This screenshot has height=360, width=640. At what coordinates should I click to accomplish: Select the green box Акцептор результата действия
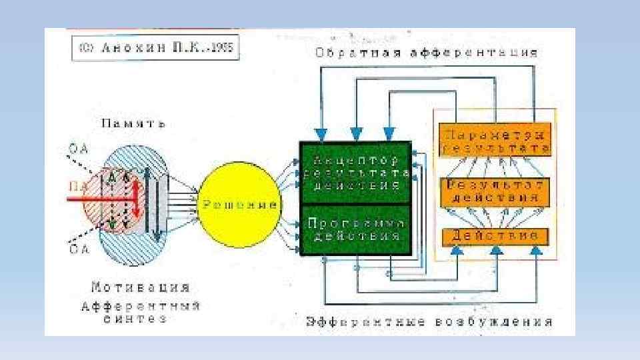point(355,173)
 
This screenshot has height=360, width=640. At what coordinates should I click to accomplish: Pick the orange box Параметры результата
point(494,139)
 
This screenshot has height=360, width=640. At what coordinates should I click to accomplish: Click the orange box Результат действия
point(494,191)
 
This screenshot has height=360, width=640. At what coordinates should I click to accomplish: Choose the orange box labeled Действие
point(494,236)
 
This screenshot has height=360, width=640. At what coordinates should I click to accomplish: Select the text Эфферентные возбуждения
point(429,322)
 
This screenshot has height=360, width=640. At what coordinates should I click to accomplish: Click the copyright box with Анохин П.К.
point(155,49)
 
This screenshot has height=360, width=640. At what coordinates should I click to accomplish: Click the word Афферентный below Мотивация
point(141,306)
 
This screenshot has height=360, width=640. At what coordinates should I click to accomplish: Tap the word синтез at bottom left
point(135,319)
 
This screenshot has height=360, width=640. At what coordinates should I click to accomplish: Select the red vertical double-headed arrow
point(135,200)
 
